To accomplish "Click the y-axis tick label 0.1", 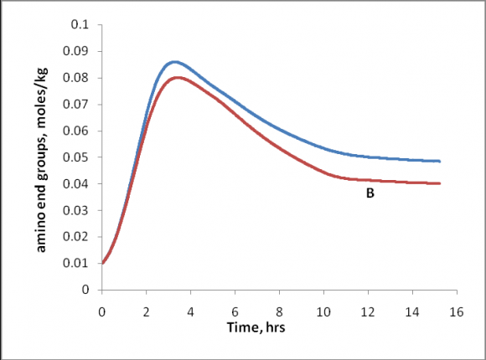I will tap(80, 25).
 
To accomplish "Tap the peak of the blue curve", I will tap(174, 61).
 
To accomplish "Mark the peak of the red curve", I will tap(176, 77).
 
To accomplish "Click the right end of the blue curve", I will tap(440, 161).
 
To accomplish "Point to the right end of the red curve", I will tap(440, 183).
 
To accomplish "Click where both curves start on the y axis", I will tap(102, 263).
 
